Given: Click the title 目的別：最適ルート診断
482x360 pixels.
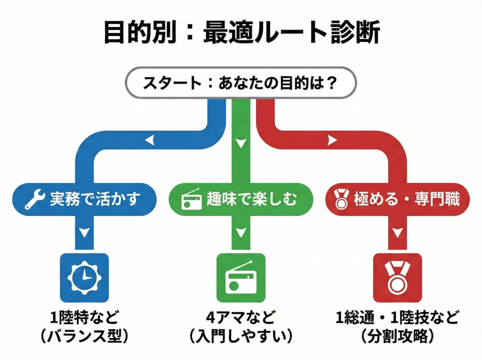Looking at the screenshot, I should coord(241,32).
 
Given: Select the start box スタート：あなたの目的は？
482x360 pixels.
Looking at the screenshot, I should coord(241,84).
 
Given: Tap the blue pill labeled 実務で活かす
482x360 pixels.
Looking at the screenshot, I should coord(83,200).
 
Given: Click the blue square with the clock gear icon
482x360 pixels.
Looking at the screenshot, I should coord(84,278).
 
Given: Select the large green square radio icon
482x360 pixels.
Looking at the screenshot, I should coord(241,278).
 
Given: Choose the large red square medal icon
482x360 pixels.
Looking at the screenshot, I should coord(398,278).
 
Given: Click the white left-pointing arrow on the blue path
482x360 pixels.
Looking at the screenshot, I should coord(149,140).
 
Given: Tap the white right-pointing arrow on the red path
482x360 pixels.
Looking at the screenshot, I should coord(332,140).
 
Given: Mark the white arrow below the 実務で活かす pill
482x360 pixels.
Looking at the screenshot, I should coord(84,232).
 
